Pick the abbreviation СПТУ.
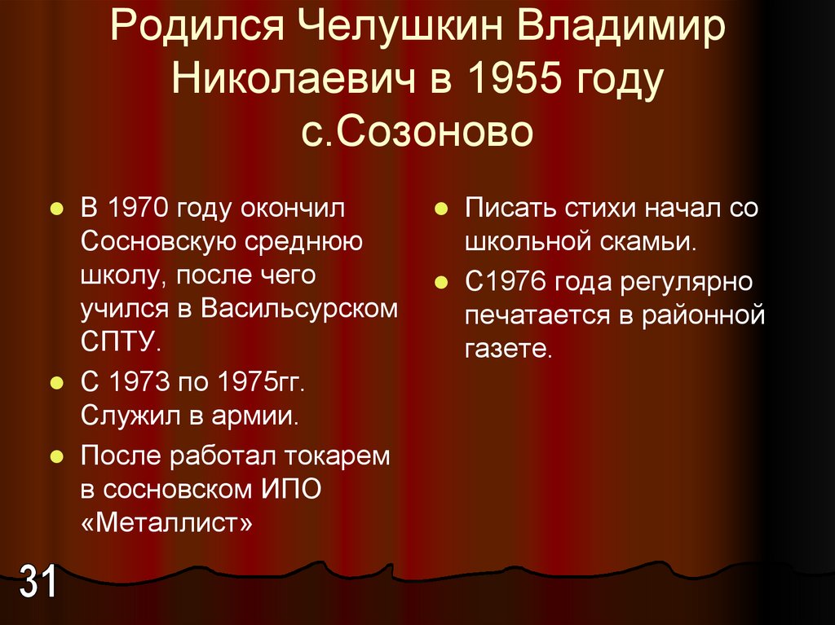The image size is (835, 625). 115,341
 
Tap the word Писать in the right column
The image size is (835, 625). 507,208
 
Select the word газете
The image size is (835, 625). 509,350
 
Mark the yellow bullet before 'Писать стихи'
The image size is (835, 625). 440,209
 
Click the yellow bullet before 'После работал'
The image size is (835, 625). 55,456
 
